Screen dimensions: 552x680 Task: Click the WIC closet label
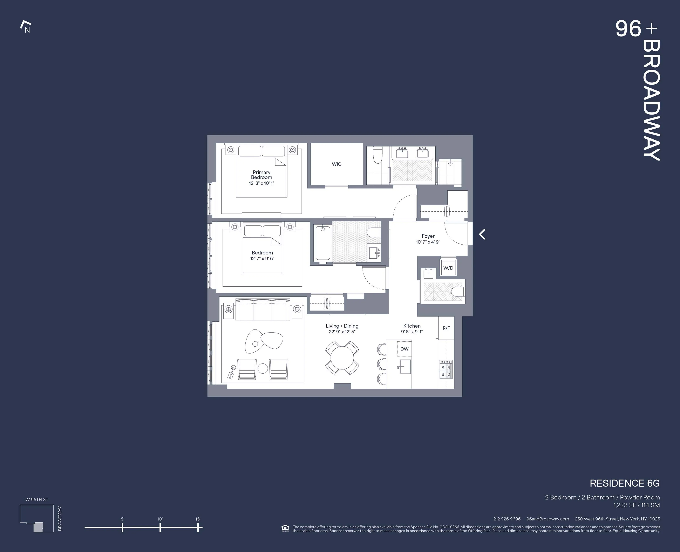(x=336, y=164)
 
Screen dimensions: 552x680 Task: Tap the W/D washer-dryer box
(x=448, y=268)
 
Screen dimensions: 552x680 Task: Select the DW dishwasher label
(x=404, y=349)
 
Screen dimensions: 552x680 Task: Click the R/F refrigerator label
(x=446, y=328)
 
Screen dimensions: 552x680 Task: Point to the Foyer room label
(x=428, y=236)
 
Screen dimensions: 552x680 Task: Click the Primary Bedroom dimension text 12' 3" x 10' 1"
(x=261, y=183)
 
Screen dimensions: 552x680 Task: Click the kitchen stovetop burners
(x=446, y=369)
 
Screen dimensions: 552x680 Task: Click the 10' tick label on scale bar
(x=160, y=519)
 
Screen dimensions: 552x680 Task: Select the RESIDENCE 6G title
(x=625, y=483)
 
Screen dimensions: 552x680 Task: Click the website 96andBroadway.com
(x=548, y=519)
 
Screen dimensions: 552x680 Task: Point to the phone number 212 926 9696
(x=507, y=519)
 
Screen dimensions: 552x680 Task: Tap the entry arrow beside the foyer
(x=482, y=234)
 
